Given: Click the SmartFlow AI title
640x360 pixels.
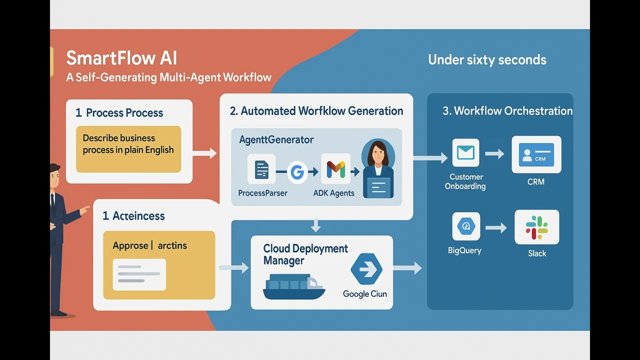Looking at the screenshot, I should pos(121,58).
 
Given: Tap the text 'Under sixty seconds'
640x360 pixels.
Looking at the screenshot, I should pos(487,60).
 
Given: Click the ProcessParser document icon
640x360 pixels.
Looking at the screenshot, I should pos(261,170).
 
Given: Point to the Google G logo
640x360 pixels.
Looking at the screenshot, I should pos(297,172).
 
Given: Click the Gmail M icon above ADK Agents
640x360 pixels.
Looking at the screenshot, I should pos(335,170).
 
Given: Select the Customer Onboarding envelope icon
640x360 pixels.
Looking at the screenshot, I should pos(465,153).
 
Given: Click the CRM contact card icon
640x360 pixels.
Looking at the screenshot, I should pos(536,154).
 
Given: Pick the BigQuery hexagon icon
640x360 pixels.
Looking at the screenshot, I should pos(465,226).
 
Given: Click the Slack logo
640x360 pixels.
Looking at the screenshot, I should pos(536,227).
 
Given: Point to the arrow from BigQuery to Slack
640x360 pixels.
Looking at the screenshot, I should pos(495,228).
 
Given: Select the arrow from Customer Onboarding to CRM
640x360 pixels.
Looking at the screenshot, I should pos(494,154).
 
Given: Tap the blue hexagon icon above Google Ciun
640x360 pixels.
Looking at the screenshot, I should pos(366,269).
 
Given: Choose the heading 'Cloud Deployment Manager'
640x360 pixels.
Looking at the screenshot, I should pos(305,254).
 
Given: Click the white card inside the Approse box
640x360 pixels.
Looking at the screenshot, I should pos(139,274).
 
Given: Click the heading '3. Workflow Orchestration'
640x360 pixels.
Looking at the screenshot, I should pos(507,111).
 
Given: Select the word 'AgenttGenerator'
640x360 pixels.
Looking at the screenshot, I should pos(276,140).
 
